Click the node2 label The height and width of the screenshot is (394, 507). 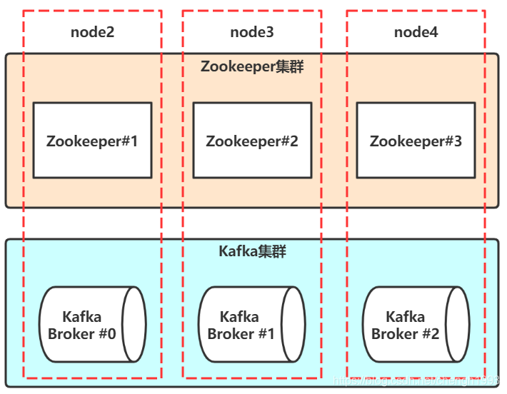[92, 32]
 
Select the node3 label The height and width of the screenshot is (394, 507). [251, 32]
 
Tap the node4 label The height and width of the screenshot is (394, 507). [416, 32]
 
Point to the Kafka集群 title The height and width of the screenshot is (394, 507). [252, 251]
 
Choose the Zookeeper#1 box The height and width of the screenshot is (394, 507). [92, 141]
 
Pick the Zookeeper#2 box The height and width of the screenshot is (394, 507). [252, 141]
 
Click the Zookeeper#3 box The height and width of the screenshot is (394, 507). [416, 141]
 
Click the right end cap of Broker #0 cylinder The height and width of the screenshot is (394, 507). [134, 325]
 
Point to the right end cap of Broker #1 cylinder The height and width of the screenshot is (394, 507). [293, 325]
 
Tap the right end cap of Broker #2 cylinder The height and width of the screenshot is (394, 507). [457, 325]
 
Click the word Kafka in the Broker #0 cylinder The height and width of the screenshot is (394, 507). [81, 317]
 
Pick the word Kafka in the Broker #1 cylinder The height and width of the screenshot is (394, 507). [239, 317]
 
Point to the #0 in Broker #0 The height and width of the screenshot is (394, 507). [106, 334]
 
